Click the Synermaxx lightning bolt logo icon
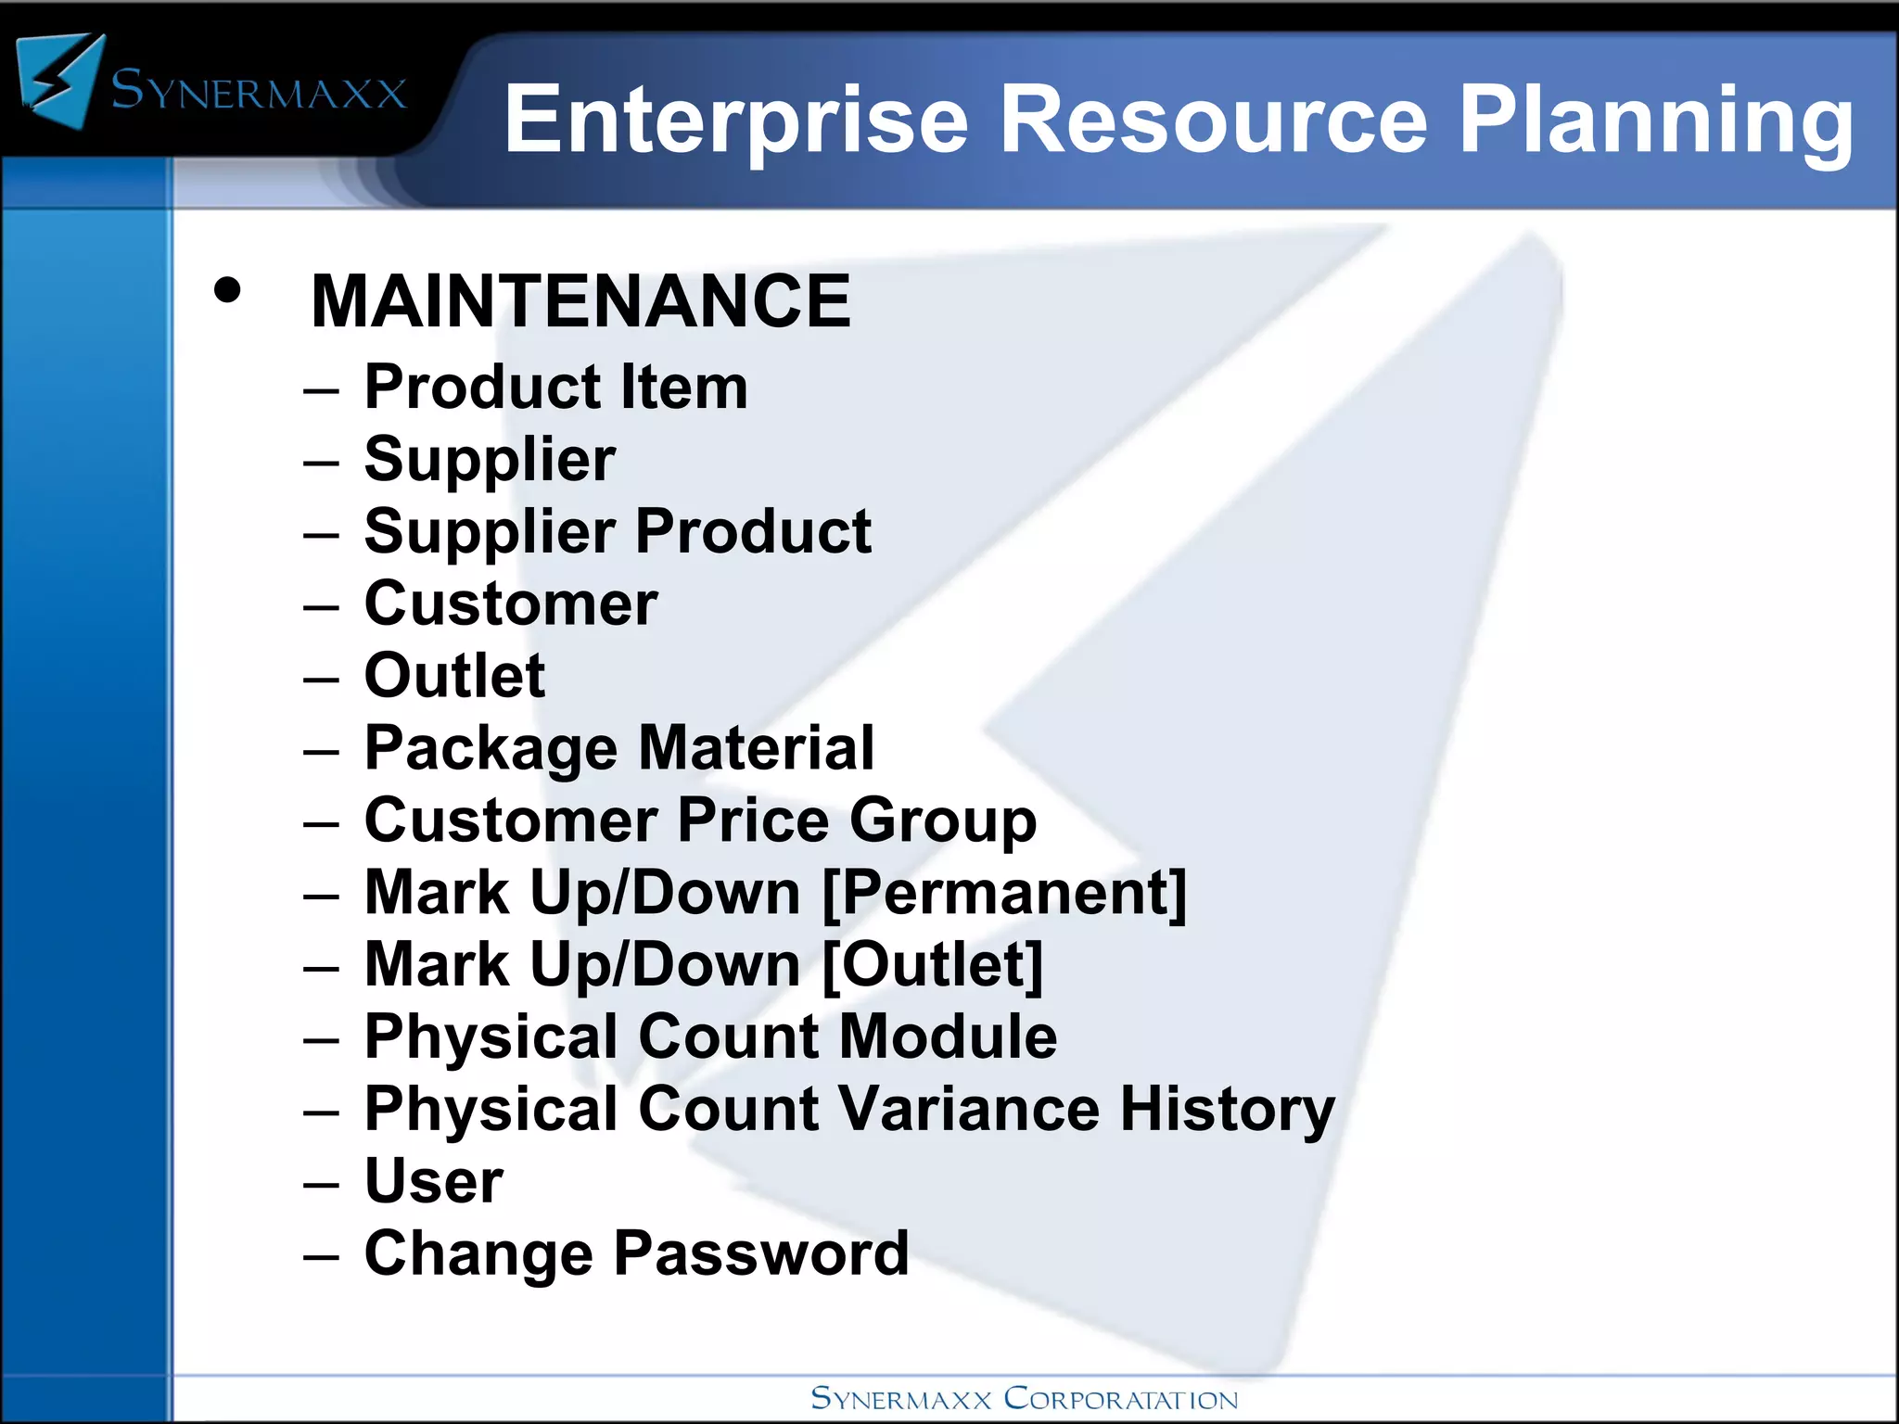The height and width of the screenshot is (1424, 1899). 61,82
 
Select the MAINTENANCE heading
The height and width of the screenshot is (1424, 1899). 580,302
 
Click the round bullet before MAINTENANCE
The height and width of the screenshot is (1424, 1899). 227,291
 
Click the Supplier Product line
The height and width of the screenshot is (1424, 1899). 617,532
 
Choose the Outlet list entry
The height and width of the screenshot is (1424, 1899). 454,676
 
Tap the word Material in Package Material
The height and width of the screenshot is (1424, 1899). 756,748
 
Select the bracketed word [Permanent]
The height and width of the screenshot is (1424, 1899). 1004,893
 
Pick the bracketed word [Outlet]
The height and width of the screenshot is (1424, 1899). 933,965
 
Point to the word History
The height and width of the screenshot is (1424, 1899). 1227,1109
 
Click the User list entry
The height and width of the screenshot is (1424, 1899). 434,1181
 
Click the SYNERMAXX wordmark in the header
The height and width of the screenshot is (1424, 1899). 259,93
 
